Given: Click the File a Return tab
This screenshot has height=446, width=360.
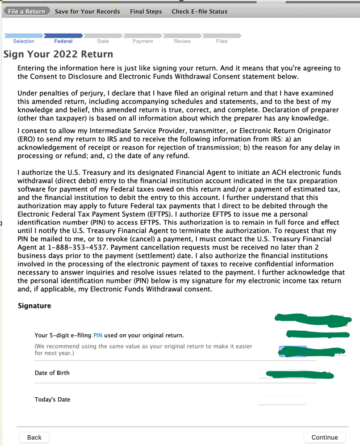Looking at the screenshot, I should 26,12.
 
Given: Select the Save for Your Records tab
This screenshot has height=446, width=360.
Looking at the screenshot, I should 88,12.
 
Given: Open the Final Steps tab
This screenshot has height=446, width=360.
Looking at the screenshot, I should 146,12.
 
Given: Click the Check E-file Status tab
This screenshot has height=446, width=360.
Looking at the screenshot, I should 200,12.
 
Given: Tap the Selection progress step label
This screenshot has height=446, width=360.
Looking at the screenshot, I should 24,41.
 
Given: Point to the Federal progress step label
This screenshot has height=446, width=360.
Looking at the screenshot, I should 63,41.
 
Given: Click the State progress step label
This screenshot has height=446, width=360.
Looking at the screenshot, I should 103,41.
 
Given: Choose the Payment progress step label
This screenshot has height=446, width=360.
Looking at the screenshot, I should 142,41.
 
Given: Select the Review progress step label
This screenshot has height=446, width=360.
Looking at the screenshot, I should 182,41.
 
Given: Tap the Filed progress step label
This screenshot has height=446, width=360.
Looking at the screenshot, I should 222,41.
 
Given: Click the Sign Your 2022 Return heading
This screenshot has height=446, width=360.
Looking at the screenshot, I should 58,55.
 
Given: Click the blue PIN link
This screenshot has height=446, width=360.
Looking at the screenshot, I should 98,335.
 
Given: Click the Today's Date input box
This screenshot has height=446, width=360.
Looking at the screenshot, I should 282,400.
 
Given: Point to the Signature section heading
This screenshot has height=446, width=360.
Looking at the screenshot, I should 34,306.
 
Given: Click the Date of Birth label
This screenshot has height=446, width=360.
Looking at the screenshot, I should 52,373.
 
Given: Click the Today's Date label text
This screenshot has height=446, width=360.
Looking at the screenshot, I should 52,400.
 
